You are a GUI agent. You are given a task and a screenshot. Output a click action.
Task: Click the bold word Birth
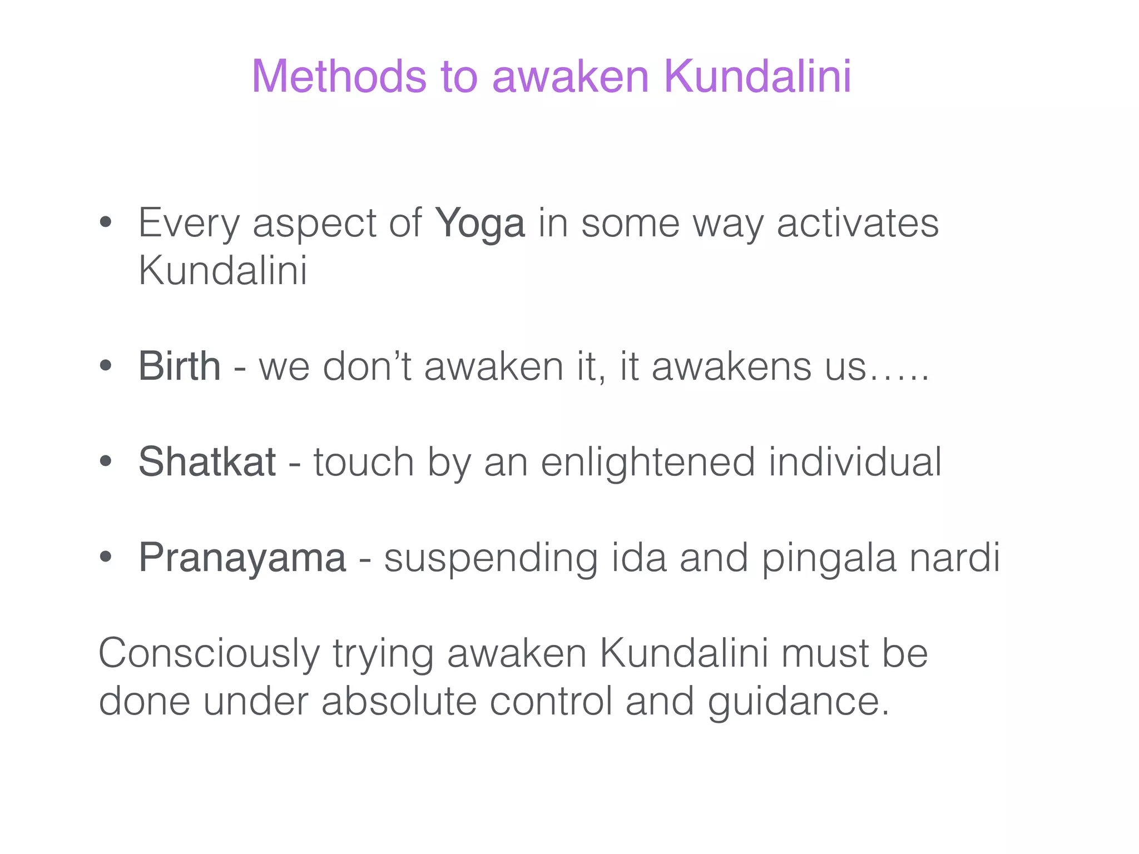pyautogui.click(x=179, y=367)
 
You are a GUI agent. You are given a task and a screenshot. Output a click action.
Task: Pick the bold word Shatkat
pyautogui.click(x=207, y=462)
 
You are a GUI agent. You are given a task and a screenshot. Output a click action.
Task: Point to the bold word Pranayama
pyautogui.click(x=242, y=558)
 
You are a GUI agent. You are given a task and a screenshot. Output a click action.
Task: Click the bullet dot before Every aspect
pyautogui.click(x=106, y=224)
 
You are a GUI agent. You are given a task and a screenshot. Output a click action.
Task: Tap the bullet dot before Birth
pyautogui.click(x=106, y=366)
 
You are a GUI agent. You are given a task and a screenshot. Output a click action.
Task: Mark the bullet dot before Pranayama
pyautogui.click(x=106, y=557)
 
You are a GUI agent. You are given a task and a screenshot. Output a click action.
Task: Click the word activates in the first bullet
pyautogui.click(x=857, y=224)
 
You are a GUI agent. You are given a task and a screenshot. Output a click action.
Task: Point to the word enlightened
pyautogui.click(x=648, y=462)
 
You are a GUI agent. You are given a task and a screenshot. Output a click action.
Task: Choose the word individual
pyautogui.click(x=855, y=462)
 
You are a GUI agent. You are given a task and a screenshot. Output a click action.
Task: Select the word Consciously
pyautogui.click(x=209, y=654)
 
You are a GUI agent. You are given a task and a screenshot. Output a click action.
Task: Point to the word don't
pyautogui.click(x=367, y=367)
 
